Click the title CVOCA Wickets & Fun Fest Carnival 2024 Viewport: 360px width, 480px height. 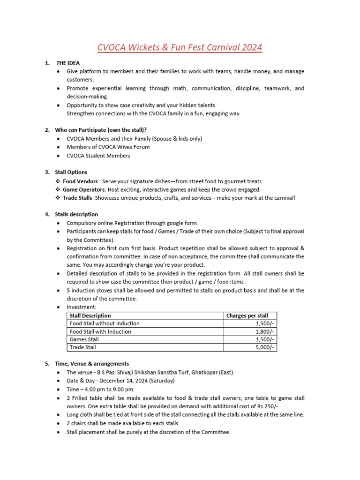[x=180, y=47]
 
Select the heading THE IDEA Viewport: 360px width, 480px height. [x=68, y=63]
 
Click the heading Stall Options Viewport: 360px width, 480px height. [x=71, y=172]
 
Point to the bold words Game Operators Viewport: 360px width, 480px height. [x=83, y=189]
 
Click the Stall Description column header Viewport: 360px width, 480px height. [x=90, y=316]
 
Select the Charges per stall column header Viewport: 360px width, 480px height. [x=247, y=316]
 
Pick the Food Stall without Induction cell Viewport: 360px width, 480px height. [x=105, y=323]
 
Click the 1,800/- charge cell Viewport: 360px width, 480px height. [x=264, y=331]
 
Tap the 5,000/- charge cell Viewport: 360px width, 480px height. [x=264, y=347]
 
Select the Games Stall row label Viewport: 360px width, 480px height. [x=84, y=339]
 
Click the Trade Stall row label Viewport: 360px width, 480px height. [x=82, y=347]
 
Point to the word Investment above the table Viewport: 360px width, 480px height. [x=82, y=307]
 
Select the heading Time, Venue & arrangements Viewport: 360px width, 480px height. [x=92, y=363]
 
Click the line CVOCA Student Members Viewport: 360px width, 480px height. [x=98, y=156]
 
